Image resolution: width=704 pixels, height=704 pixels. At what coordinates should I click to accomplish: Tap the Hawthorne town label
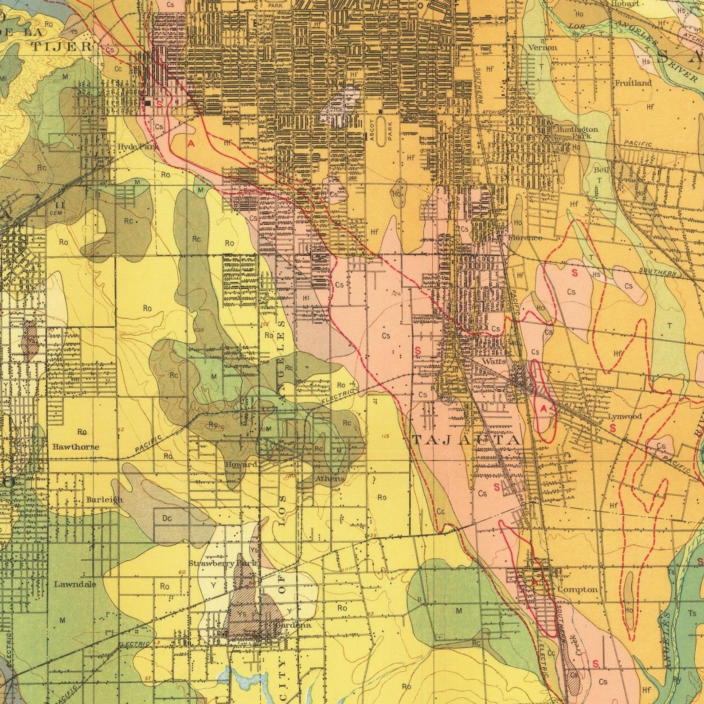point(75,447)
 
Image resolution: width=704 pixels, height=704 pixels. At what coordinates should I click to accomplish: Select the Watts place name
point(494,361)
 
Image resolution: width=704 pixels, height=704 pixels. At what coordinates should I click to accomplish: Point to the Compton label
point(577,590)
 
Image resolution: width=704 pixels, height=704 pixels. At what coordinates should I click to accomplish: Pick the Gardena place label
point(293,625)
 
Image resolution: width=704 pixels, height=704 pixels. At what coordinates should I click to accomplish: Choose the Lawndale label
point(75,584)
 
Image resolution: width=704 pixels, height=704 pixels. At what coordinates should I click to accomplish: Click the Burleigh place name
point(104,500)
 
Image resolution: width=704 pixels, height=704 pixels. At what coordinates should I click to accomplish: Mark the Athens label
point(329,479)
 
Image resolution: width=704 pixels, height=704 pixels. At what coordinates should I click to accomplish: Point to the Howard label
point(241,465)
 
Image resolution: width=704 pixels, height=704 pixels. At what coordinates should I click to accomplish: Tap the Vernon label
point(542,47)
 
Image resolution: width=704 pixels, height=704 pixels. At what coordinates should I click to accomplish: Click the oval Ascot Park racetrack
point(381,129)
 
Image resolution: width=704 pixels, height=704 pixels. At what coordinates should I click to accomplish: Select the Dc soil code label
point(167,518)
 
